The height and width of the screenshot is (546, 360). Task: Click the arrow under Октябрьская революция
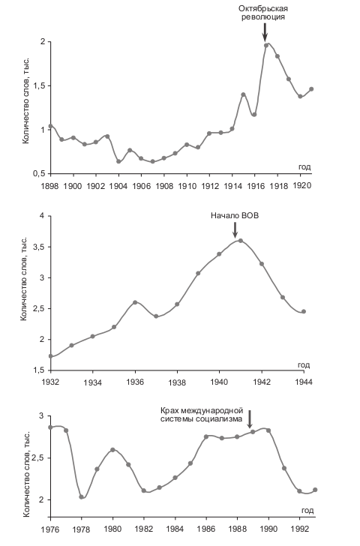click(265, 32)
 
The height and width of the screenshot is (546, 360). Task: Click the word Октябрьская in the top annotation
click(263, 8)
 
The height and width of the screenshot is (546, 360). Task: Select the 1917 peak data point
click(266, 45)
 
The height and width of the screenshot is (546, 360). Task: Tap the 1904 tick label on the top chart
click(118, 185)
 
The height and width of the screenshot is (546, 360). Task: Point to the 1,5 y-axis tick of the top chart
click(40, 85)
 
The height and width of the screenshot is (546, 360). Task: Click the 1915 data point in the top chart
click(243, 94)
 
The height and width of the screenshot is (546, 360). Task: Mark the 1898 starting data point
click(50, 126)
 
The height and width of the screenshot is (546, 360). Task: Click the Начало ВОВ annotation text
click(235, 215)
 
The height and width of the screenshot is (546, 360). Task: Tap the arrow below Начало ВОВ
click(235, 230)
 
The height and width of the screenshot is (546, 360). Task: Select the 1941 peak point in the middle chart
click(240, 241)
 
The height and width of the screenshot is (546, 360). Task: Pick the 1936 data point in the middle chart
click(135, 302)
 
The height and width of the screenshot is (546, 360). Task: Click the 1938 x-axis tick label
click(177, 382)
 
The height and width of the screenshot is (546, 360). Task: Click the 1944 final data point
click(304, 311)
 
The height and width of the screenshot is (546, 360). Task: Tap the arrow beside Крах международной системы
click(249, 419)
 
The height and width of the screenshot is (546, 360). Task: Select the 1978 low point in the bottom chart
click(82, 497)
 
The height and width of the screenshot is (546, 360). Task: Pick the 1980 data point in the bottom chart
click(112, 449)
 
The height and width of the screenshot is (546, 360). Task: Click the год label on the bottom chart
click(307, 511)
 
